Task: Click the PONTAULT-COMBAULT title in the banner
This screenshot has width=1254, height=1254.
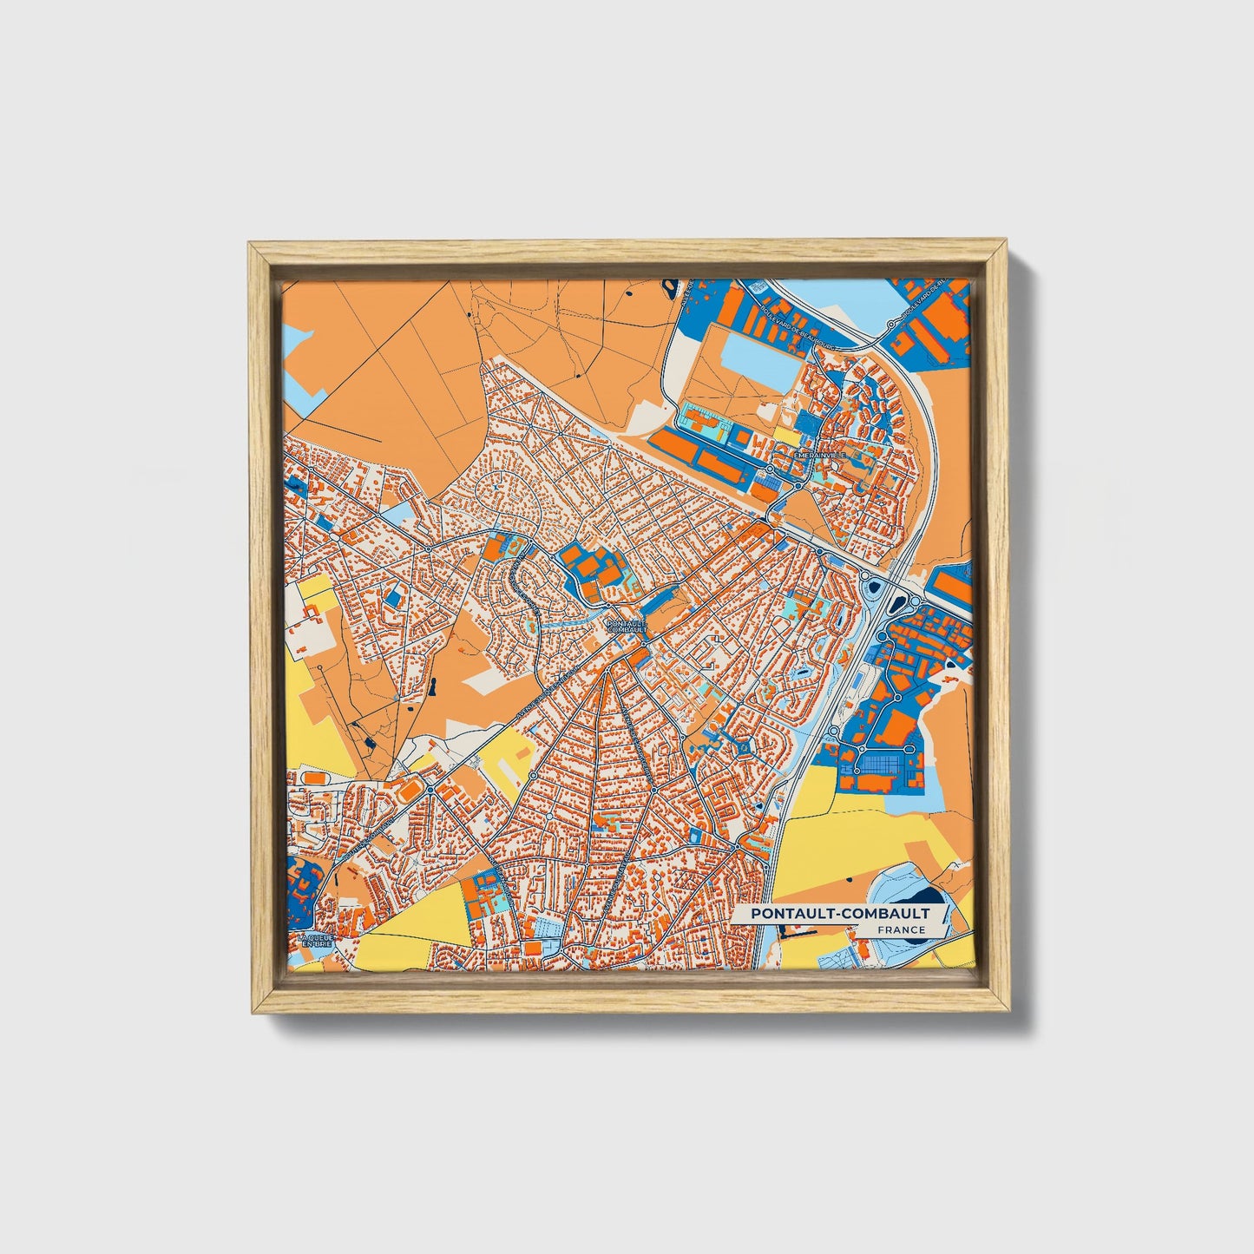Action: [x=840, y=914]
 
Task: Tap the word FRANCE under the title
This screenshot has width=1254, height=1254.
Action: [x=901, y=930]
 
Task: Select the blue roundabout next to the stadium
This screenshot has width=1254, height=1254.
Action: [x=430, y=789]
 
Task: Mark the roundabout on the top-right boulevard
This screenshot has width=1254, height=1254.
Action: [x=890, y=324]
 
